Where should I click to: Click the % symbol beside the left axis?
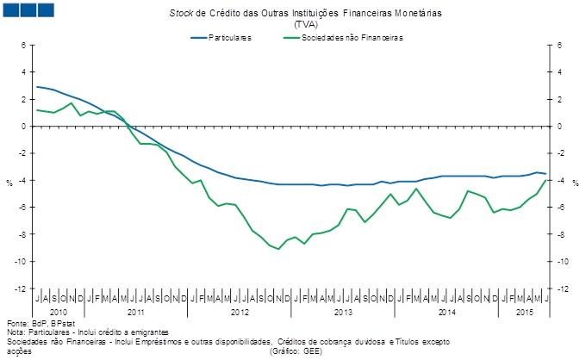(x=9, y=183)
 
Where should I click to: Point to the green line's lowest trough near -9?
(x=277, y=249)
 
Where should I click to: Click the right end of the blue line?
(x=545, y=174)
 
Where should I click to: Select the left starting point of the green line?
(x=37, y=109)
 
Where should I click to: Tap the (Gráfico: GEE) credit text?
(x=296, y=351)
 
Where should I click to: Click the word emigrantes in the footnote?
(x=143, y=332)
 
